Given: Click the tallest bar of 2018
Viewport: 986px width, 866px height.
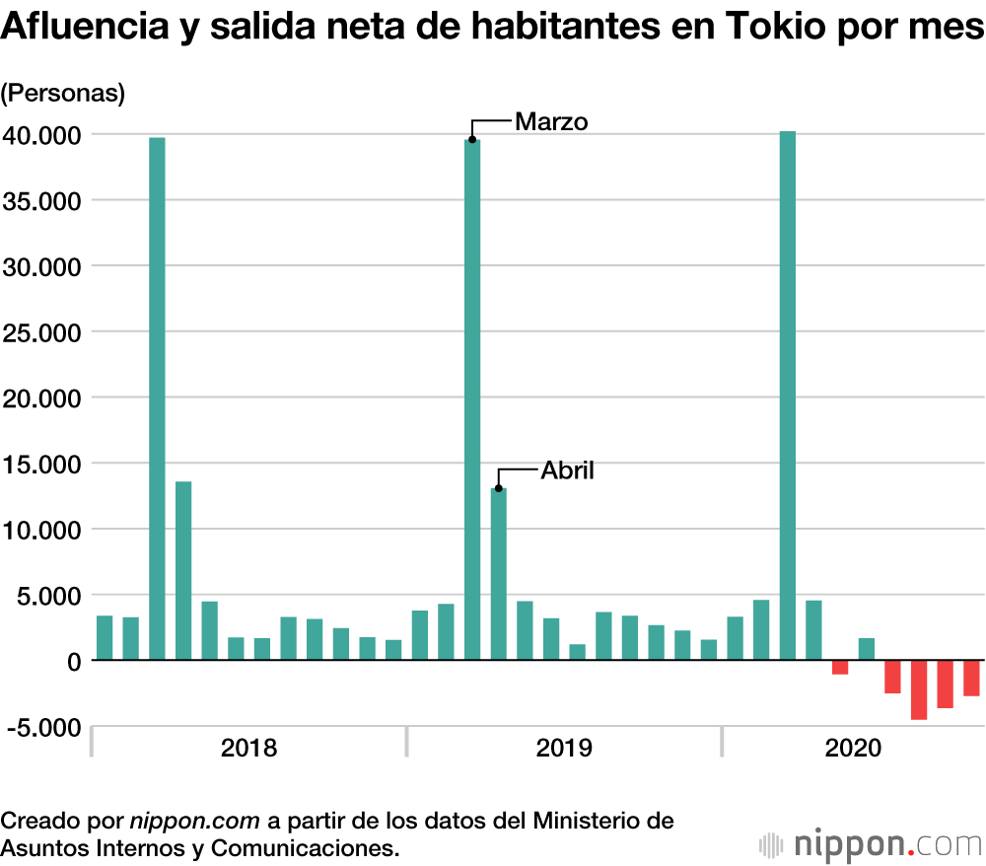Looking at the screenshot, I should [x=157, y=398].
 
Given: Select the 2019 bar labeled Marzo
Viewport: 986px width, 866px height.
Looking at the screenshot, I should [x=472, y=399].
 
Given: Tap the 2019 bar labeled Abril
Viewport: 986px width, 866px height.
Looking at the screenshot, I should [x=498, y=573].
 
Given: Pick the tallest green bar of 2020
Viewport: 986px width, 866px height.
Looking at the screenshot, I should [x=787, y=396].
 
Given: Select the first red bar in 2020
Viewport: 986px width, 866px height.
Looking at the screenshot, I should [x=840, y=668].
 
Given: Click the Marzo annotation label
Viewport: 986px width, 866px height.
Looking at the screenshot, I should [x=551, y=122].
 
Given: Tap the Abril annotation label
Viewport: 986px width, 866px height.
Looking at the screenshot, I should [x=567, y=470].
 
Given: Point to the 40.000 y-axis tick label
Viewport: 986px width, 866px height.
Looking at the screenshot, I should [x=40, y=134].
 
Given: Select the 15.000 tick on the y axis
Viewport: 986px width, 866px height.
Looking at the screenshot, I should [x=40, y=464].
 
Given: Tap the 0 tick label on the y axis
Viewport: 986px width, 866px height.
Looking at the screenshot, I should [x=72, y=661].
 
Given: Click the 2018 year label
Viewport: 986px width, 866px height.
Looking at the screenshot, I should [x=248, y=747].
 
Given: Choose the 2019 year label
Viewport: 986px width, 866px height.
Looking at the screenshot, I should [x=564, y=747].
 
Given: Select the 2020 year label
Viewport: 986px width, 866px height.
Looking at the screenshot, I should [x=853, y=747].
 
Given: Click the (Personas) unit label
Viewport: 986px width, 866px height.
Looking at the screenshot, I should [x=63, y=94].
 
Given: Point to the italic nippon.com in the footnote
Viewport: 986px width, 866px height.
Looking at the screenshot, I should [x=194, y=821].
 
